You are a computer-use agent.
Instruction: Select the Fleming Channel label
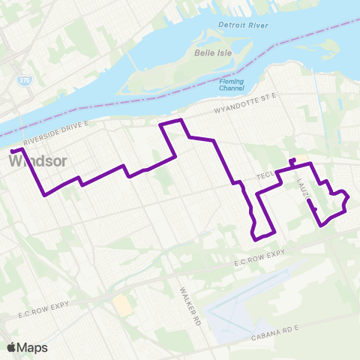click(231, 85)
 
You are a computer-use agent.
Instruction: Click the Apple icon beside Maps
click(11, 346)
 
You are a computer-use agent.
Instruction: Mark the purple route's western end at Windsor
click(13, 153)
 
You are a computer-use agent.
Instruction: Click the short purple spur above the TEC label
click(292, 162)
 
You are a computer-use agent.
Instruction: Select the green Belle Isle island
click(187, 71)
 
